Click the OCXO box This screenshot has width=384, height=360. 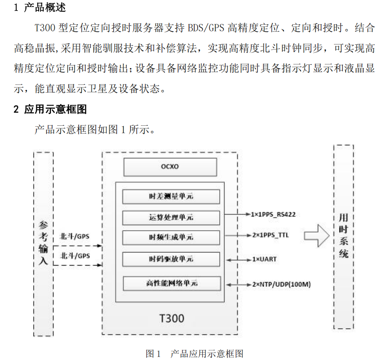coord(170,167)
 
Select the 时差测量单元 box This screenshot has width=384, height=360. coord(170,196)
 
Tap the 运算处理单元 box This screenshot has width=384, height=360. coord(170,217)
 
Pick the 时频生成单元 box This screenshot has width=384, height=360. coord(170,237)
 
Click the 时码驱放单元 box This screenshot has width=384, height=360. coord(170,259)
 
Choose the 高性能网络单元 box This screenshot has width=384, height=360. coord(170,283)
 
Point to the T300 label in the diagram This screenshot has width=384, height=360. coord(169,318)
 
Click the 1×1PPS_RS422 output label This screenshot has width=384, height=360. coord(276,214)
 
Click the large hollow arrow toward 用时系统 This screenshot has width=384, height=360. coord(316,236)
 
